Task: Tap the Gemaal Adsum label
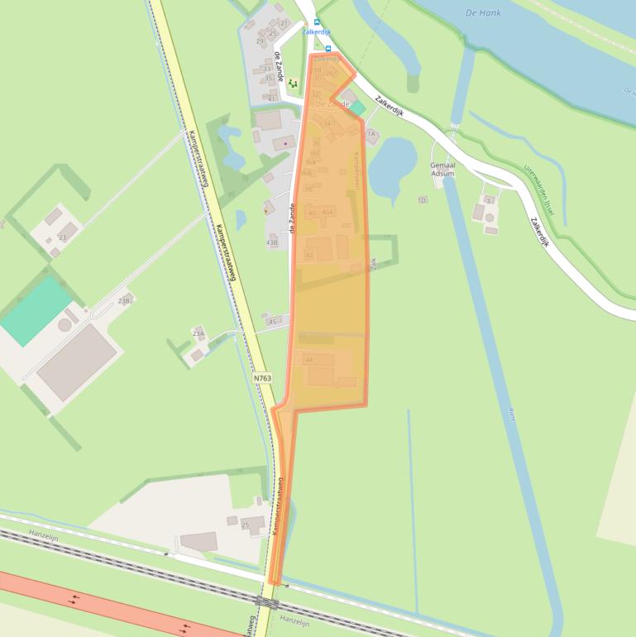point(442,170)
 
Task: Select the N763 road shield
point(262,378)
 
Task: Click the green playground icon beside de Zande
point(292,84)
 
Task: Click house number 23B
point(124,300)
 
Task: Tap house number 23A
point(198,333)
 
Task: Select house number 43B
point(272,243)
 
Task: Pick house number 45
point(272,321)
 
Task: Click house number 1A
point(371,133)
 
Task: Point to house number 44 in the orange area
point(309,361)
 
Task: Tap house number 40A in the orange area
point(328,213)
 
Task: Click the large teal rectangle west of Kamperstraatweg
point(36,310)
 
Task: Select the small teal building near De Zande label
point(357,108)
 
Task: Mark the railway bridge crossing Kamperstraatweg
point(266,601)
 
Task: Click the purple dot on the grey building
point(285,142)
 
